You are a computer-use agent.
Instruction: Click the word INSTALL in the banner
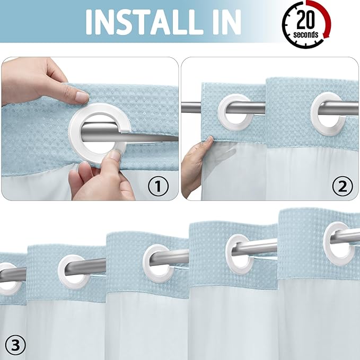coord(141,22)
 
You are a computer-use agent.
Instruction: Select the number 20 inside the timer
coord(306,20)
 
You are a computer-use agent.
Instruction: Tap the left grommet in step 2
coord(234,115)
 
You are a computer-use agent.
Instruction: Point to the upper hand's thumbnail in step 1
coord(82,97)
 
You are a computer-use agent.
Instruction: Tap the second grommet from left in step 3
coord(74,271)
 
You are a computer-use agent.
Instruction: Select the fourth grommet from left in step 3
coord(242,253)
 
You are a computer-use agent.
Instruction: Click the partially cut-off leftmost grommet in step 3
coord(8,279)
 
